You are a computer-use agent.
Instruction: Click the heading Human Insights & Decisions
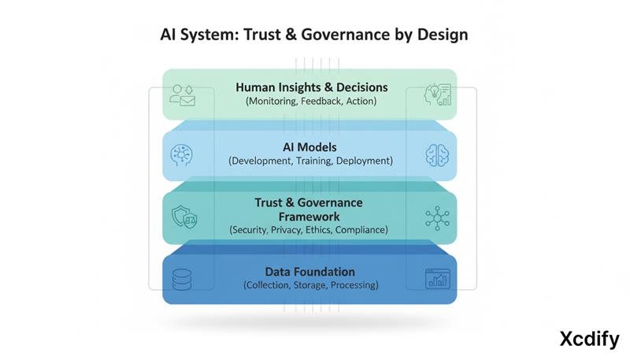click(310, 87)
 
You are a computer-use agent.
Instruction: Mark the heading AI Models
click(310, 147)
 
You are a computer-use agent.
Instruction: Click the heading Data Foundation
click(310, 271)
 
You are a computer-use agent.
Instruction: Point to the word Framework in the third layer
click(310, 216)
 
